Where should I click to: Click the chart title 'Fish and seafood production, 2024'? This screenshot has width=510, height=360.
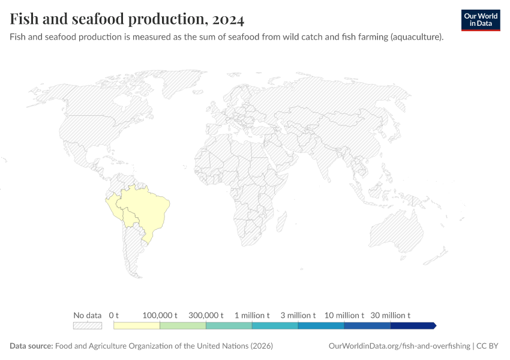pos(127,19)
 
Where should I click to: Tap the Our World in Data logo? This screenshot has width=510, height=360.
pos(480,20)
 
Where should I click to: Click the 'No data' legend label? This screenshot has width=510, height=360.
pos(87,315)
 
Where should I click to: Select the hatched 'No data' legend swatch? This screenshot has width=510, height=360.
pos(87,326)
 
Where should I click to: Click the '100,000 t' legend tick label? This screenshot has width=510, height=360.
pos(160,315)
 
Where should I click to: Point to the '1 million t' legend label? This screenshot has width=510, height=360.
pos(252,315)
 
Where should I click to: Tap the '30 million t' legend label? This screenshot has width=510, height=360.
pos(390,315)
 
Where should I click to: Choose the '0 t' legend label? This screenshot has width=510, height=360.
pos(114,315)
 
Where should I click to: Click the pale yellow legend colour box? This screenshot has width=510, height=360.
pos(137,326)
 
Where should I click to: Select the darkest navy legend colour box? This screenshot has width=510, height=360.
pos(412,326)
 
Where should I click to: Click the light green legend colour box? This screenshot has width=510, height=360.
pos(183,326)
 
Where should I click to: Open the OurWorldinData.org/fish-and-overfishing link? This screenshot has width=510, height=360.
pos(400,346)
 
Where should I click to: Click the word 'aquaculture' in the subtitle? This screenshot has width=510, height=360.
pos(416,37)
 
